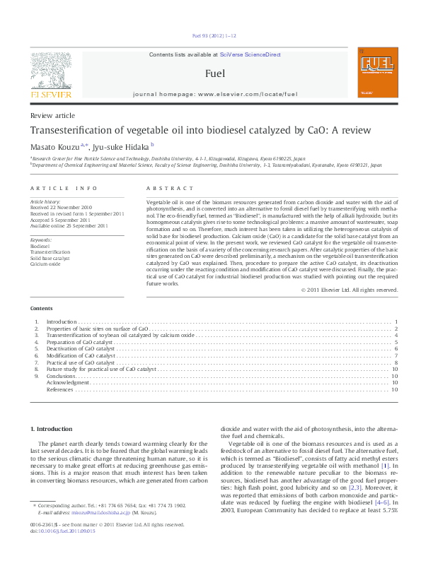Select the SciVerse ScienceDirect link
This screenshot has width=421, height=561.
[x=250, y=54]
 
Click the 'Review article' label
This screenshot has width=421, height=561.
[x=52, y=115]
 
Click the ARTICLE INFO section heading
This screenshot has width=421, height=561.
[x=64, y=189]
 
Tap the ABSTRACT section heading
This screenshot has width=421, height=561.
[x=169, y=189]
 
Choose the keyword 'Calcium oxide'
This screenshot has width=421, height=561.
[x=46, y=264]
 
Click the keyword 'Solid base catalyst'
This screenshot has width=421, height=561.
[x=50, y=258]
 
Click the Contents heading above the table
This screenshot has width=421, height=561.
[x=40, y=309]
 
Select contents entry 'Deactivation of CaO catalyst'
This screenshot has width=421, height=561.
[x=80, y=349]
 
